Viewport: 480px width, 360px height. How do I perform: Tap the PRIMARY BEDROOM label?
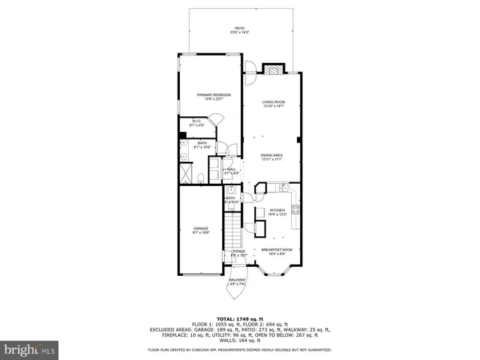pos(214,96)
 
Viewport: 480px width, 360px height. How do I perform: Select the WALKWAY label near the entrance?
pos(237,281)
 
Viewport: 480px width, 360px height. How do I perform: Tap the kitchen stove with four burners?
pos(295,211)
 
